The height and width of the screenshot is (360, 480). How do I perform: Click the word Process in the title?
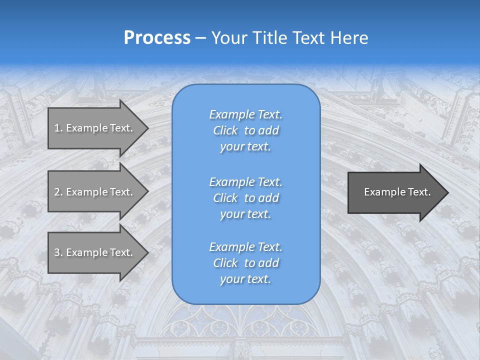[x=157, y=37]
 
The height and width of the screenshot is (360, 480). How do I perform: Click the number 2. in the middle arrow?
[x=58, y=192]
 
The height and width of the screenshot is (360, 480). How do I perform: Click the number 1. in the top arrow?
[x=58, y=128]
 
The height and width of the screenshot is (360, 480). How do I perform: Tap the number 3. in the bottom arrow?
[x=58, y=252]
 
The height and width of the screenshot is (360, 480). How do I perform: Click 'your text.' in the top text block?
[x=245, y=146]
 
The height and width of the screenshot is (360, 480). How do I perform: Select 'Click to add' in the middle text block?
[x=245, y=198]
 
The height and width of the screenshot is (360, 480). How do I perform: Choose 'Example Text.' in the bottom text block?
[x=245, y=247]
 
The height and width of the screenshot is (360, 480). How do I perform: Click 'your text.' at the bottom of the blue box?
[x=245, y=279]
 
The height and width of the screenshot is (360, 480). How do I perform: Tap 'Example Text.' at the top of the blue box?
[x=245, y=114]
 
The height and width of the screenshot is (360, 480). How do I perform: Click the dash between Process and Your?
[x=200, y=38]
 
